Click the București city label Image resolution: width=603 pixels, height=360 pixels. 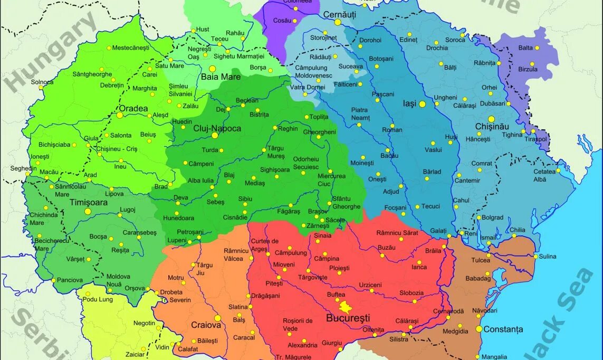348,318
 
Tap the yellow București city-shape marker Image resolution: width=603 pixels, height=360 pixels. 346,307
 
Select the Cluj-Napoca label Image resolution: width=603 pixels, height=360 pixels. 217,128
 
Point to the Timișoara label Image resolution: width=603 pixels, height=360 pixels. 88,202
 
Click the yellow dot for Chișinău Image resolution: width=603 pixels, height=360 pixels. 491,119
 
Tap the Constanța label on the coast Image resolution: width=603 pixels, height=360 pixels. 504,329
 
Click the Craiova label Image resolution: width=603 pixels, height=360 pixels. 206,325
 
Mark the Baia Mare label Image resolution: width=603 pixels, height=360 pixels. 221,77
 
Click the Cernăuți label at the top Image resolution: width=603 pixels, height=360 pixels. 339,14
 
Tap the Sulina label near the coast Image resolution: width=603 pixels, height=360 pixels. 548,257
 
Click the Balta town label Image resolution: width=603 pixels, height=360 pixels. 525,48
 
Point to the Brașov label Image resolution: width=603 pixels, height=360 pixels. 318,211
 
